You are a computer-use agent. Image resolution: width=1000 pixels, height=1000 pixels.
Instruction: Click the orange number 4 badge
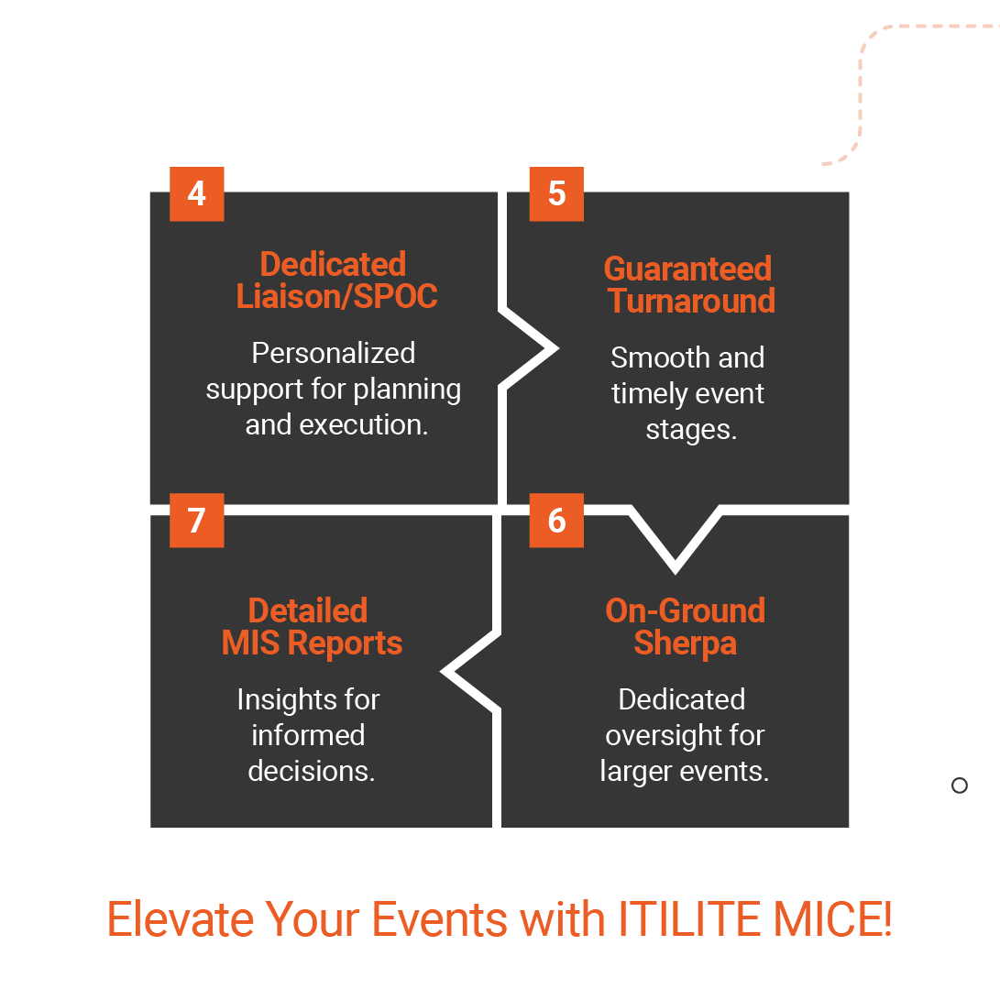coord(196,194)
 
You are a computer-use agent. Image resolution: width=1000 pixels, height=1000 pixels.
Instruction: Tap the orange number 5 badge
coord(556,194)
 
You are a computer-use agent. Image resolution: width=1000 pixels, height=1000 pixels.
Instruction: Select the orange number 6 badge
coord(556,521)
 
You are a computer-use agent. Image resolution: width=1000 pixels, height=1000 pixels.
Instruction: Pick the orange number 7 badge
coord(196,521)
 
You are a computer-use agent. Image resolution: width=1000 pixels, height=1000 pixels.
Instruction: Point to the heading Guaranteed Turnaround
coord(688,285)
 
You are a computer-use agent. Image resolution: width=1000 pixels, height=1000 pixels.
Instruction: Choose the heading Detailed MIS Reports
coord(311,627)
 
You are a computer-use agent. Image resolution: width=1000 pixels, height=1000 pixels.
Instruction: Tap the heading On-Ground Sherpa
coord(685,627)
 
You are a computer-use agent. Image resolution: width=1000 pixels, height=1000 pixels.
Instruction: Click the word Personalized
coord(334,353)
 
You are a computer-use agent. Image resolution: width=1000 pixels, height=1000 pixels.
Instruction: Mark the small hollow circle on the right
coord(960,786)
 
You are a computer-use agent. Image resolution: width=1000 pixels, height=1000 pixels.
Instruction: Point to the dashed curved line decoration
coord(861,92)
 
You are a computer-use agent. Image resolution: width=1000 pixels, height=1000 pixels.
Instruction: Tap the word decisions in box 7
coord(311,772)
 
